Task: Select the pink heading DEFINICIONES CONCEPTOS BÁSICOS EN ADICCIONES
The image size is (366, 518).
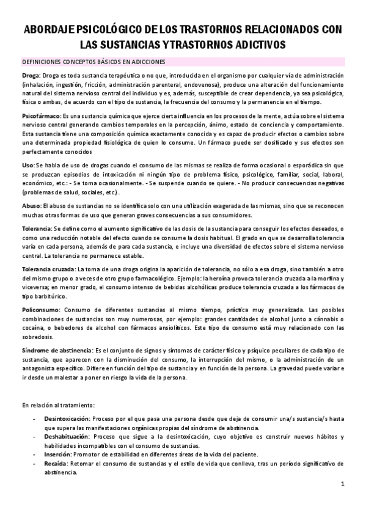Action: point(97,62)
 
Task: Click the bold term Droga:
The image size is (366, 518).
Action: point(32,75)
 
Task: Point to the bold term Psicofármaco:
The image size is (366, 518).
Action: point(42,115)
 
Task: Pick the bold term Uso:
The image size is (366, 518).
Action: point(28,165)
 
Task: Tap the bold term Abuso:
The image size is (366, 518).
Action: point(32,206)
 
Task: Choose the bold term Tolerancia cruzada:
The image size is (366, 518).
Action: point(49,268)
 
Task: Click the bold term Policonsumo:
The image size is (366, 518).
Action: point(40,309)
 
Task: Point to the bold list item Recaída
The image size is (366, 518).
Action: point(56,463)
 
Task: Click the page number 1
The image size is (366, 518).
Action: point(343,484)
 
